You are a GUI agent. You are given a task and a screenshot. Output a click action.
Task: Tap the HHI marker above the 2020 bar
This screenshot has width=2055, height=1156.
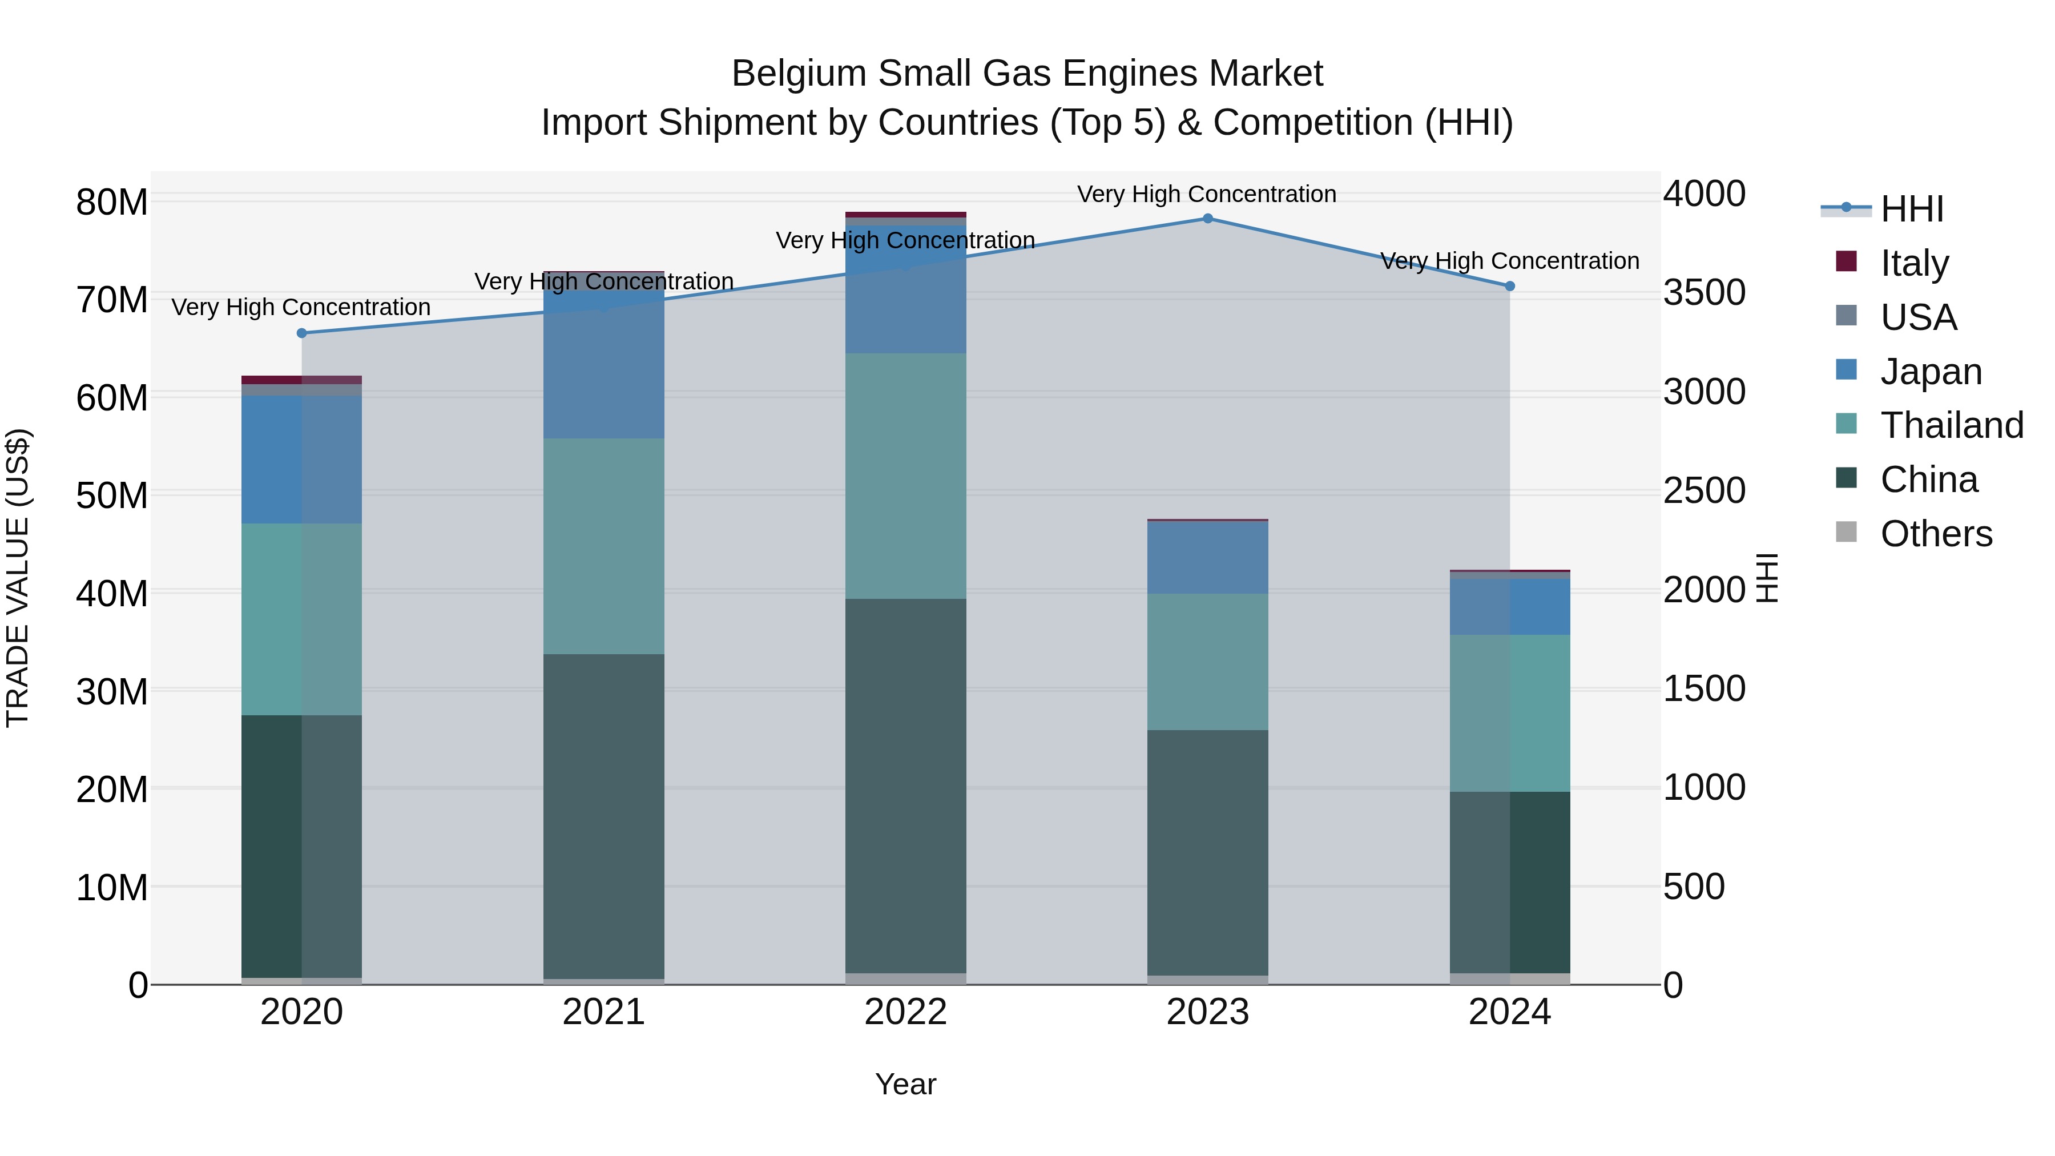(x=301, y=333)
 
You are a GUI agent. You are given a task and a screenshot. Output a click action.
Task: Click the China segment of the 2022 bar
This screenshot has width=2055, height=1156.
(x=905, y=786)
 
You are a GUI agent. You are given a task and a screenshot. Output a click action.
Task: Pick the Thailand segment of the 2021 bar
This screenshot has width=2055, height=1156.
(x=604, y=546)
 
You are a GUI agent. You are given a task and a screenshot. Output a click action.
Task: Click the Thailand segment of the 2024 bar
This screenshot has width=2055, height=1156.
(x=1509, y=713)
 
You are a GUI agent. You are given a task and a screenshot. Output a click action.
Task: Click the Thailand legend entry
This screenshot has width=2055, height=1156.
(x=1951, y=425)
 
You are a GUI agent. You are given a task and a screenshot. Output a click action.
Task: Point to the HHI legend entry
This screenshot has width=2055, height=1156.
(x=1911, y=209)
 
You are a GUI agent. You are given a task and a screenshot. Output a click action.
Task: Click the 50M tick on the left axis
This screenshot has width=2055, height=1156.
(x=112, y=496)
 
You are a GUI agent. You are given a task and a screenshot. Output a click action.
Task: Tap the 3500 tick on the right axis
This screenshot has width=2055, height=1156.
(x=1704, y=293)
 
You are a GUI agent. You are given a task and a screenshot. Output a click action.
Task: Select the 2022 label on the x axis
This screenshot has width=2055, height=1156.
(x=905, y=1012)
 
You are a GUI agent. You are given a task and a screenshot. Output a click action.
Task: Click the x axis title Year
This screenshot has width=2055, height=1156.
(x=905, y=1084)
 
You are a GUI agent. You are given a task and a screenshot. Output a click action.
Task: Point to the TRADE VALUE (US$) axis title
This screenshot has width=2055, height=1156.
(x=18, y=578)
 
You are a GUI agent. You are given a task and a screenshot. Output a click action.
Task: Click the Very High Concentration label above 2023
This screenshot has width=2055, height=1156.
(x=1206, y=194)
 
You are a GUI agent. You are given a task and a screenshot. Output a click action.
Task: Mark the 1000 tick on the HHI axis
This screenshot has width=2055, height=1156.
(x=1704, y=787)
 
